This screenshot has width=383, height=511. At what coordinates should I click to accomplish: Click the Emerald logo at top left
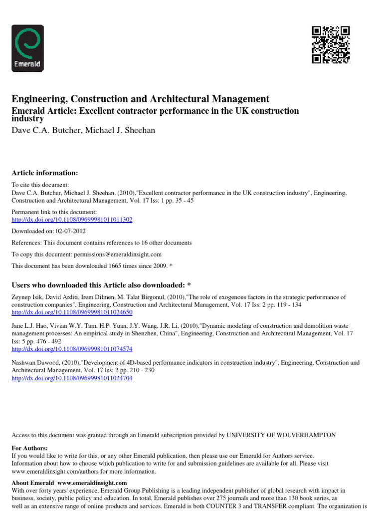coord(27,48)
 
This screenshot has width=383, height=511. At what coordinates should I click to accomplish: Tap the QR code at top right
coord(331,45)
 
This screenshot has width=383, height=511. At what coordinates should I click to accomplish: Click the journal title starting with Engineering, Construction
coord(140,99)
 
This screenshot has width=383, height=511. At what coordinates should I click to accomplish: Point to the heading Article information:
coord(45,173)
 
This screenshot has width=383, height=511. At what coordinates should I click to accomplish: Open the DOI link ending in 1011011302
coord(72,220)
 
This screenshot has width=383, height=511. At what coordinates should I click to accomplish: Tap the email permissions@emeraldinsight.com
coord(115,254)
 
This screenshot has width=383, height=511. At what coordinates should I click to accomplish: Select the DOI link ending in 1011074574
coord(72,349)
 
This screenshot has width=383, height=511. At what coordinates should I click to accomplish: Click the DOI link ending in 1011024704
coord(72,378)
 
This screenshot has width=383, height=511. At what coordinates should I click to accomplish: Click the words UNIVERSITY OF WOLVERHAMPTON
coord(281,435)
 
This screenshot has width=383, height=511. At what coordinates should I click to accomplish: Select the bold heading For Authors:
coord(30,448)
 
